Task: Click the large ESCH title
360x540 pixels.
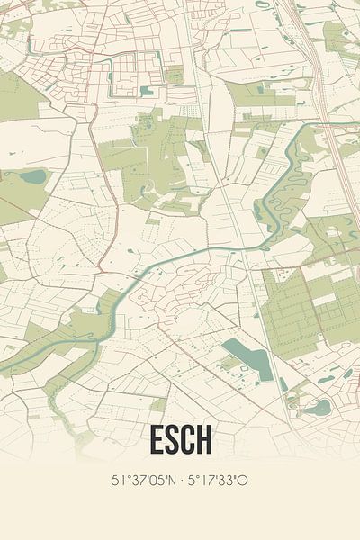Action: [x=180, y=440]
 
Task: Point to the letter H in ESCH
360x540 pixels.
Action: [x=206, y=440]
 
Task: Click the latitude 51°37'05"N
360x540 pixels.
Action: [x=144, y=481]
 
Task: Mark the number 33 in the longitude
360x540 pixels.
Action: [x=229, y=481]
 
